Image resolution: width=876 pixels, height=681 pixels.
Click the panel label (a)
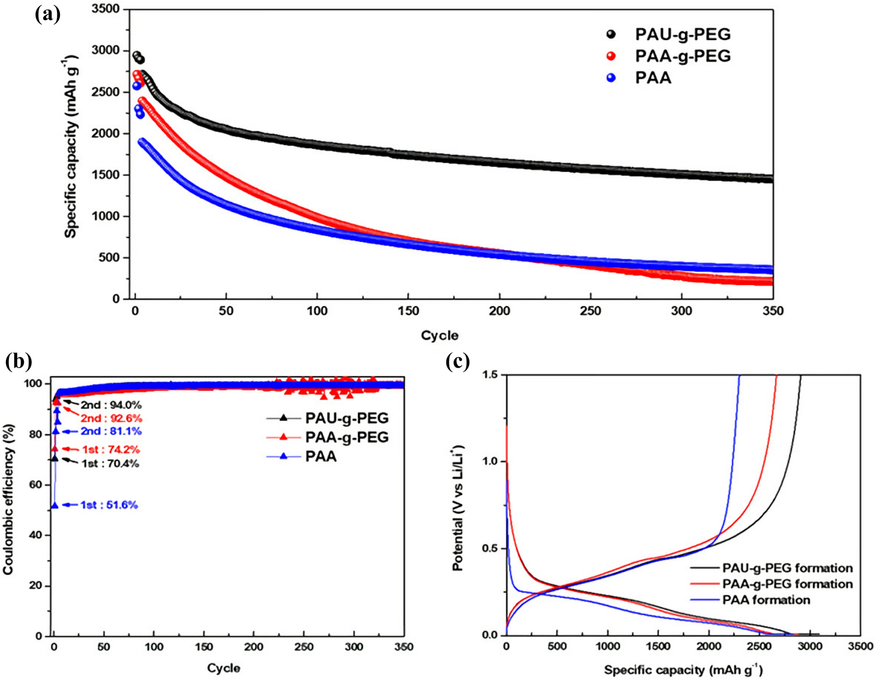[x=48, y=14]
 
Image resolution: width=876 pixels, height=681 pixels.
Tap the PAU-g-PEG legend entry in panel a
[x=682, y=34]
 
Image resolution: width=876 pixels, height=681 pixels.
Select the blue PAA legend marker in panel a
[x=612, y=78]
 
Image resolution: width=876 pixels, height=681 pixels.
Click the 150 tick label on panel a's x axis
[x=408, y=311]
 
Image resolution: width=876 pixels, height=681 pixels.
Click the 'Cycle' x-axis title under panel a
[x=439, y=336]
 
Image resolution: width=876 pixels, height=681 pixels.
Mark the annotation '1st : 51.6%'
[x=109, y=505]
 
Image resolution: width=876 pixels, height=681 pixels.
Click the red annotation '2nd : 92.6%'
[x=111, y=418]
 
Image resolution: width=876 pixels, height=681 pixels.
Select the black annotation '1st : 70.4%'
[x=110, y=464]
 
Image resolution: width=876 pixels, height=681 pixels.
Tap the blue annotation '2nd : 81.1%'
[x=111, y=432]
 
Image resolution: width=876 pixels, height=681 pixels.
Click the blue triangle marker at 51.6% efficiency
[x=55, y=505]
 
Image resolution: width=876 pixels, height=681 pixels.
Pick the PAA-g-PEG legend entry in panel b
[x=346, y=438]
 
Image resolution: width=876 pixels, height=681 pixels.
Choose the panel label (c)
[x=457, y=362]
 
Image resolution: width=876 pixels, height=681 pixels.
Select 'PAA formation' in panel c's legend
[x=766, y=600]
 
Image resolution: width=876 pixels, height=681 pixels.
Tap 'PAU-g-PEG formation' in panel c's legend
[x=787, y=568]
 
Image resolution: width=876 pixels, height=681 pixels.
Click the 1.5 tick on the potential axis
[x=491, y=375]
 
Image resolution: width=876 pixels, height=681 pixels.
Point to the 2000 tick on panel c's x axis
[x=709, y=646]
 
